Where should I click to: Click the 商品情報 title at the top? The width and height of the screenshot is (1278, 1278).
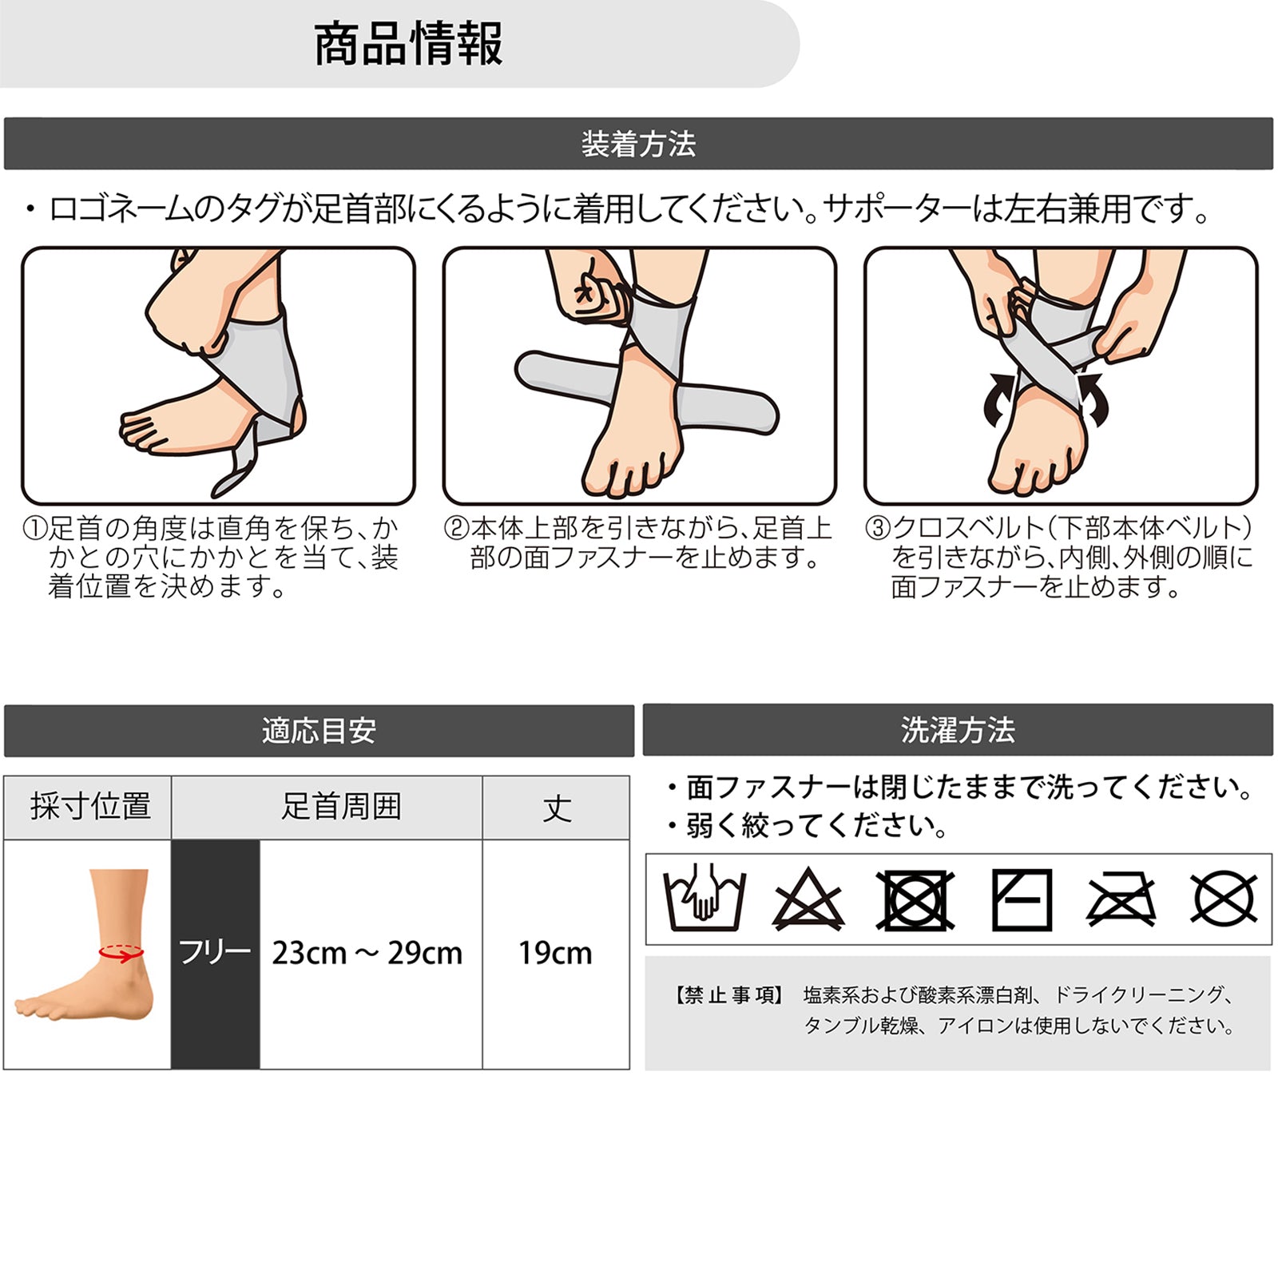click(408, 44)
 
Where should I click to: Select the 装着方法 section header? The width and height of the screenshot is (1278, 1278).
click(638, 145)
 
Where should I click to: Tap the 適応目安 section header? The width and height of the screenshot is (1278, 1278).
click(319, 731)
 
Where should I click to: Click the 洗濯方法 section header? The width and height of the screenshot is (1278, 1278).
click(958, 730)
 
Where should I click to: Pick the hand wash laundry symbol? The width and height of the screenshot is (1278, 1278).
click(704, 899)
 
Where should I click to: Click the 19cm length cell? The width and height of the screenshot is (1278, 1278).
click(555, 954)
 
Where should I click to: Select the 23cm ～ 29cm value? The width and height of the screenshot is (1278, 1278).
click(367, 954)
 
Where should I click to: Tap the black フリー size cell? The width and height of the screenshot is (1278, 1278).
click(215, 954)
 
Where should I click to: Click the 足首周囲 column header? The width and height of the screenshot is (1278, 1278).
click(341, 808)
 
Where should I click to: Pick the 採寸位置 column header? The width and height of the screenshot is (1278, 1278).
click(90, 807)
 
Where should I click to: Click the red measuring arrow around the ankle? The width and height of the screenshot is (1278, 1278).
click(121, 952)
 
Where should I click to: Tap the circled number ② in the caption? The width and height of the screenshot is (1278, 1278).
click(456, 529)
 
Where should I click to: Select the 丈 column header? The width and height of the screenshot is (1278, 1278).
click(557, 808)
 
